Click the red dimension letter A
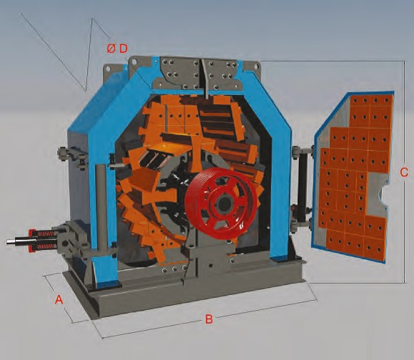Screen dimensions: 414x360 coord(59,299)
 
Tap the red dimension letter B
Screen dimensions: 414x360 coord(209,319)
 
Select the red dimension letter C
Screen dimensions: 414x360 coord(404,172)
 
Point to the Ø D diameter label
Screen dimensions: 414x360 coord(117,49)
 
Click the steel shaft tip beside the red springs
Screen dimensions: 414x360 coord(11,241)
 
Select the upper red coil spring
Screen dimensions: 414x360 coord(46,234)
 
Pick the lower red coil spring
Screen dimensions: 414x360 coord(45,247)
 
